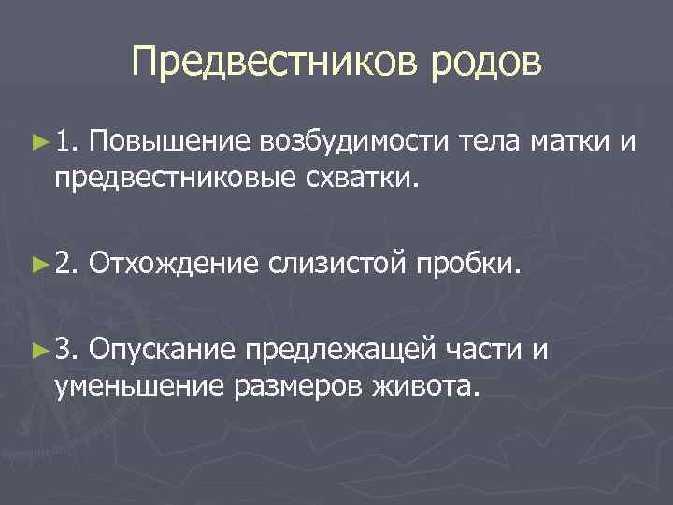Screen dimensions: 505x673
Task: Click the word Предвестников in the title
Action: point(272,63)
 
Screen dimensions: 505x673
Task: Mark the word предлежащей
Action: point(339,351)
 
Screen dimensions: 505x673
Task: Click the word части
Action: point(483,351)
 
